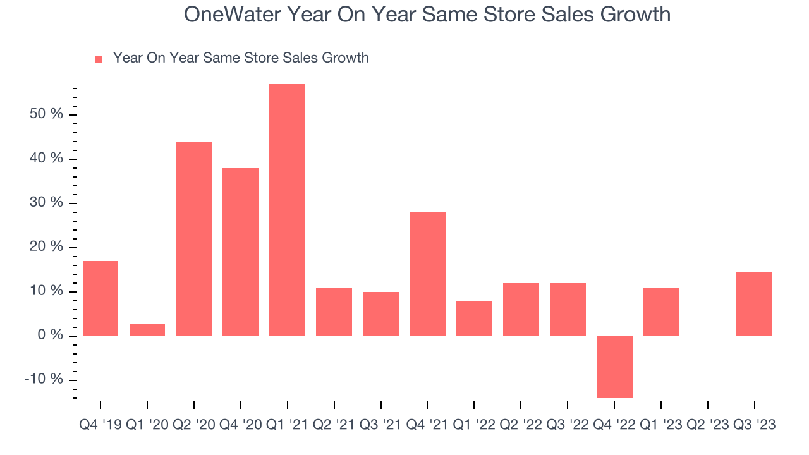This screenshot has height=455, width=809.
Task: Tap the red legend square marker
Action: tap(98, 59)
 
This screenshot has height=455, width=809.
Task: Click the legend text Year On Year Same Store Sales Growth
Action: tap(241, 58)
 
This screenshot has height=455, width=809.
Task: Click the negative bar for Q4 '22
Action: tap(614, 367)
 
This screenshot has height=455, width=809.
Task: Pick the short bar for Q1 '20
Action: tap(147, 330)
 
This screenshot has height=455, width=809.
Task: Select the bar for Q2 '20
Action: tap(193, 238)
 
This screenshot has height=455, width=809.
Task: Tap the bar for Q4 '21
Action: tap(427, 274)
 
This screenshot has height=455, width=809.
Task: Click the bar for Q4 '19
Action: tap(100, 298)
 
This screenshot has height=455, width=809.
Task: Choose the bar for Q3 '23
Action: tap(754, 303)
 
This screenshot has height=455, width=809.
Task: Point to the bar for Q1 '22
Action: tap(474, 318)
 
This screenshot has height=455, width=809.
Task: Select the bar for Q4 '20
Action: tap(240, 252)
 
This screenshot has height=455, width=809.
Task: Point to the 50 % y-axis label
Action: tap(46, 114)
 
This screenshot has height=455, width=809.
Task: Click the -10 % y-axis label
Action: tap(44, 379)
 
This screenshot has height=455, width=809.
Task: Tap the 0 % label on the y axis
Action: tap(50, 335)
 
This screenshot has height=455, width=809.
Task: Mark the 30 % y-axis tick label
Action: tap(46, 203)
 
